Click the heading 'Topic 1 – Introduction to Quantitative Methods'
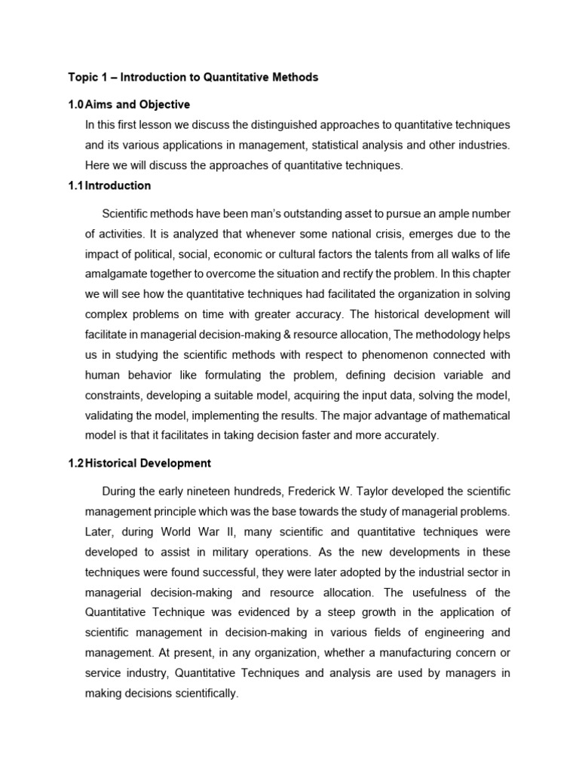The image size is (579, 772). click(193, 77)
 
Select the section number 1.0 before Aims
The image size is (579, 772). click(75, 104)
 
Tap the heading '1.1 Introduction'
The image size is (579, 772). click(109, 185)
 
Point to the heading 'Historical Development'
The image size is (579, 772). click(148, 463)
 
